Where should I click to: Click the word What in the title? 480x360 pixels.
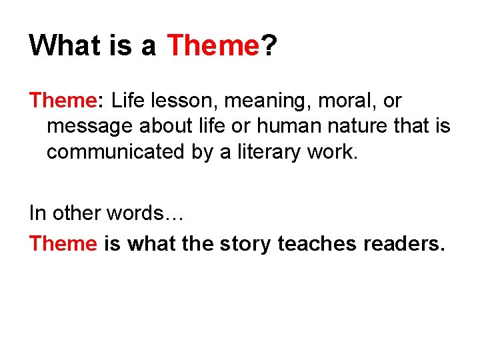click(65, 45)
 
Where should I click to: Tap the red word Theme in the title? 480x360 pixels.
click(212, 45)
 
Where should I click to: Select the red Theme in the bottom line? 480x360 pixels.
click(63, 243)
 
